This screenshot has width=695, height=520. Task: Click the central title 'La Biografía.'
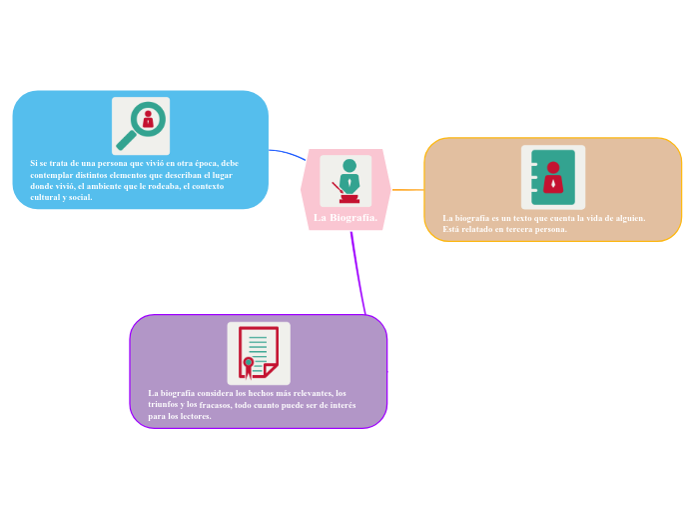click(346, 217)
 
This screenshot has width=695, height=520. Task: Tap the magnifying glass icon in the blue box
click(141, 126)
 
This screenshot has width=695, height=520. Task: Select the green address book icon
click(553, 177)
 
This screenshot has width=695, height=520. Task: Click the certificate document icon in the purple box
click(259, 353)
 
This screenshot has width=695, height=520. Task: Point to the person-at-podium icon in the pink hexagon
click(347, 180)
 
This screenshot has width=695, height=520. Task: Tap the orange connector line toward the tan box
click(407, 188)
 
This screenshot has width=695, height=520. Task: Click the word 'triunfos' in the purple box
click(164, 404)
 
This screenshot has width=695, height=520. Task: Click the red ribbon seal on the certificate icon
click(248, 365)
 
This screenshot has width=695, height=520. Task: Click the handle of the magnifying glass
click(125, 139)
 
